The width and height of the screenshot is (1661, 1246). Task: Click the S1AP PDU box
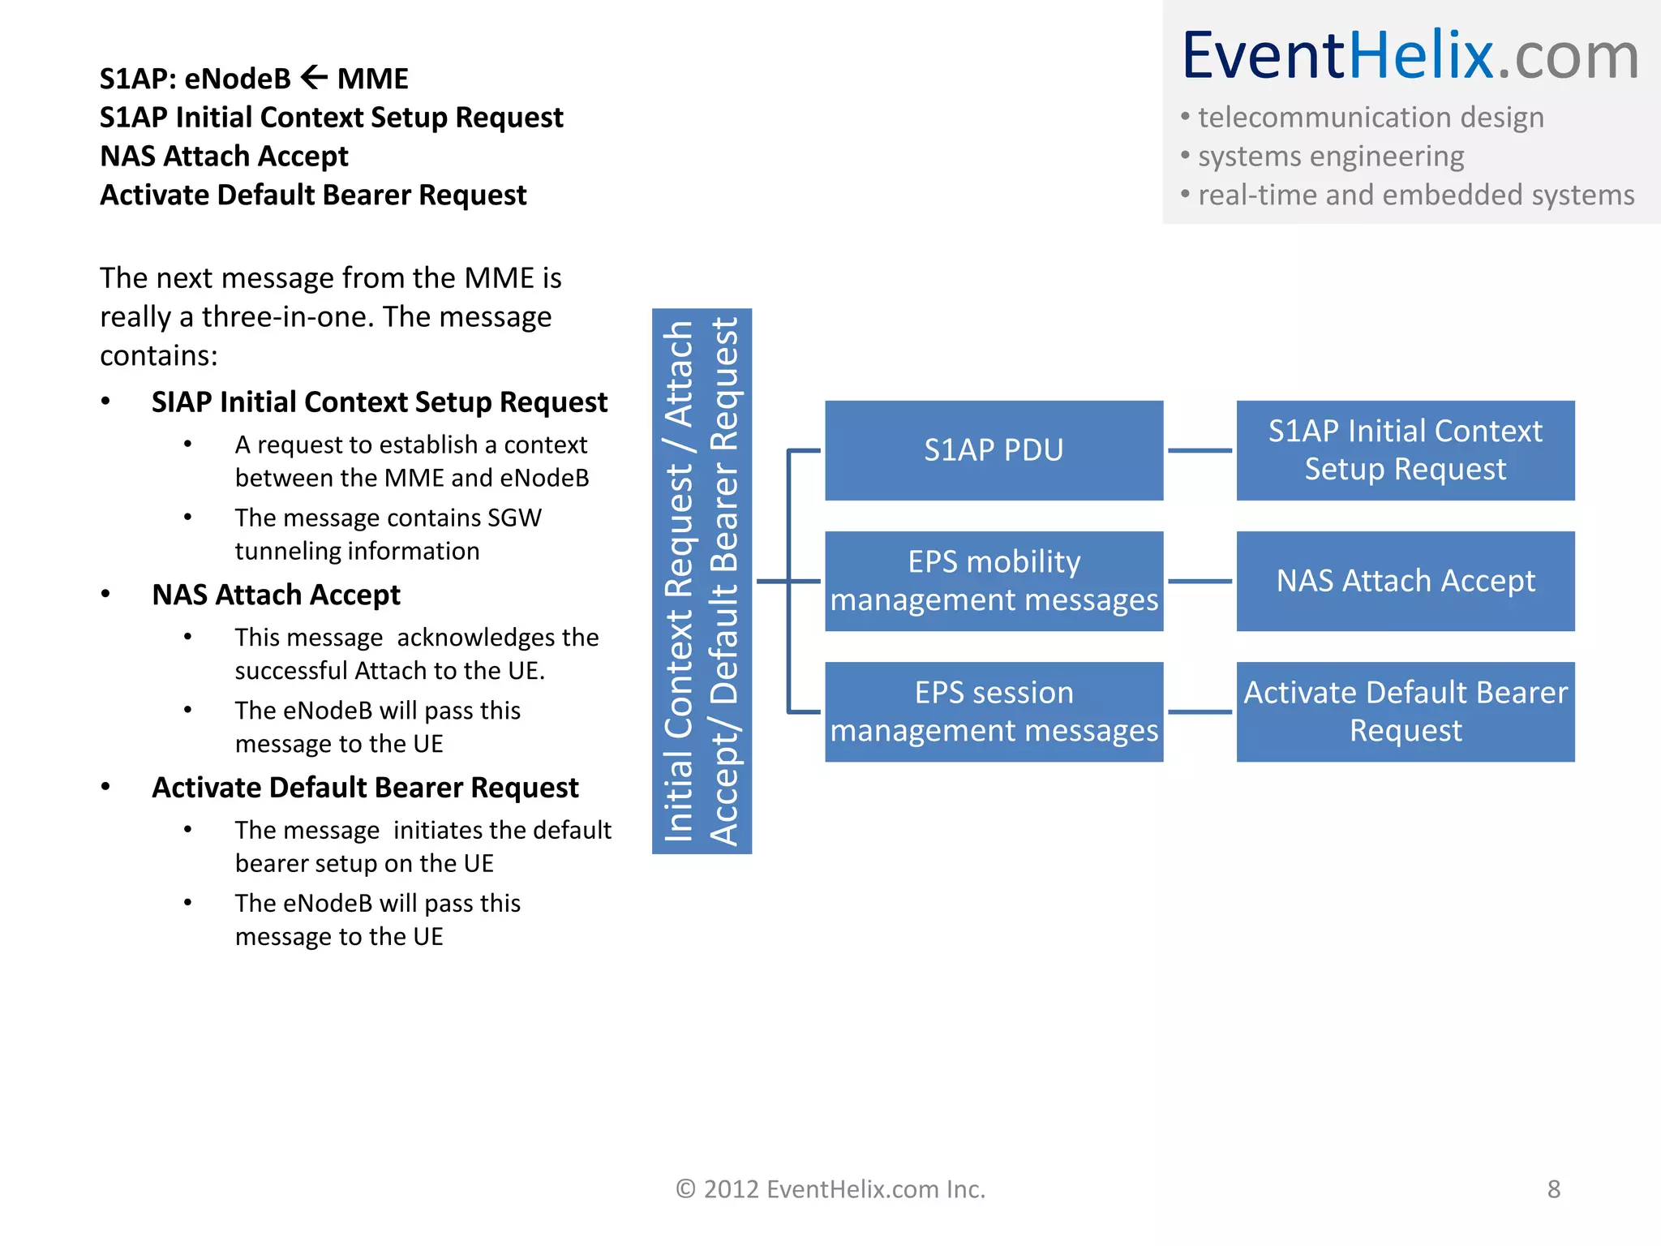click(994, 450)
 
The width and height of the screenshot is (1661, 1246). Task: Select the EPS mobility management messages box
click(994, 581)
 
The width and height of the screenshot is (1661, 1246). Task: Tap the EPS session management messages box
click(994, 711)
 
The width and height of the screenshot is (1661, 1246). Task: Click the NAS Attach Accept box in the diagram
click(1405, 581)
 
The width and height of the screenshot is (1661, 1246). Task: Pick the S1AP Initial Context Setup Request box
click(1405, 450)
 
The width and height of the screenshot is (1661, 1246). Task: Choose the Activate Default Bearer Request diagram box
click(1405, 711)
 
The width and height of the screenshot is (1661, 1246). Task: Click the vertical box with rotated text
click(702, 581)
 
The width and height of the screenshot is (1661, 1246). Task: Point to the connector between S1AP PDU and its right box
click(1200, 450)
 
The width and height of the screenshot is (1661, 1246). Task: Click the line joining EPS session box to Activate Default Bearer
click(1200, 712)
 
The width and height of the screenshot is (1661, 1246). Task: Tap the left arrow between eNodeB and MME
click(314, 78)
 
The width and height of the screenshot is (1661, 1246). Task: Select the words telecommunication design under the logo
click(1371, 118)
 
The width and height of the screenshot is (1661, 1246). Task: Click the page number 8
click(1553, 1189)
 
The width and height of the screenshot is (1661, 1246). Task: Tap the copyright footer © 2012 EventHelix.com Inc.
click(830, 1189)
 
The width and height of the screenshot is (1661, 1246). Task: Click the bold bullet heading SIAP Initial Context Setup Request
click(379, 402)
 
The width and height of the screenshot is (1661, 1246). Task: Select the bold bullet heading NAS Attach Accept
click(276, 595)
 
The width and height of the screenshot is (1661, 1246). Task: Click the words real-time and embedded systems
click(1415, 195)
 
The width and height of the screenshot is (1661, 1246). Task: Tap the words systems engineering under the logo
click(1330, 157)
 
